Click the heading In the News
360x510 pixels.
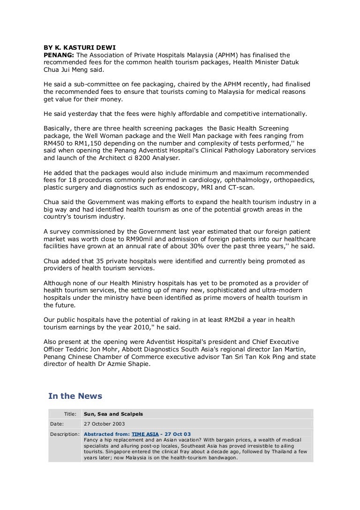pos(75,396)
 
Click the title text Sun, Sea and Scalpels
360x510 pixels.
pos(113,414)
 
